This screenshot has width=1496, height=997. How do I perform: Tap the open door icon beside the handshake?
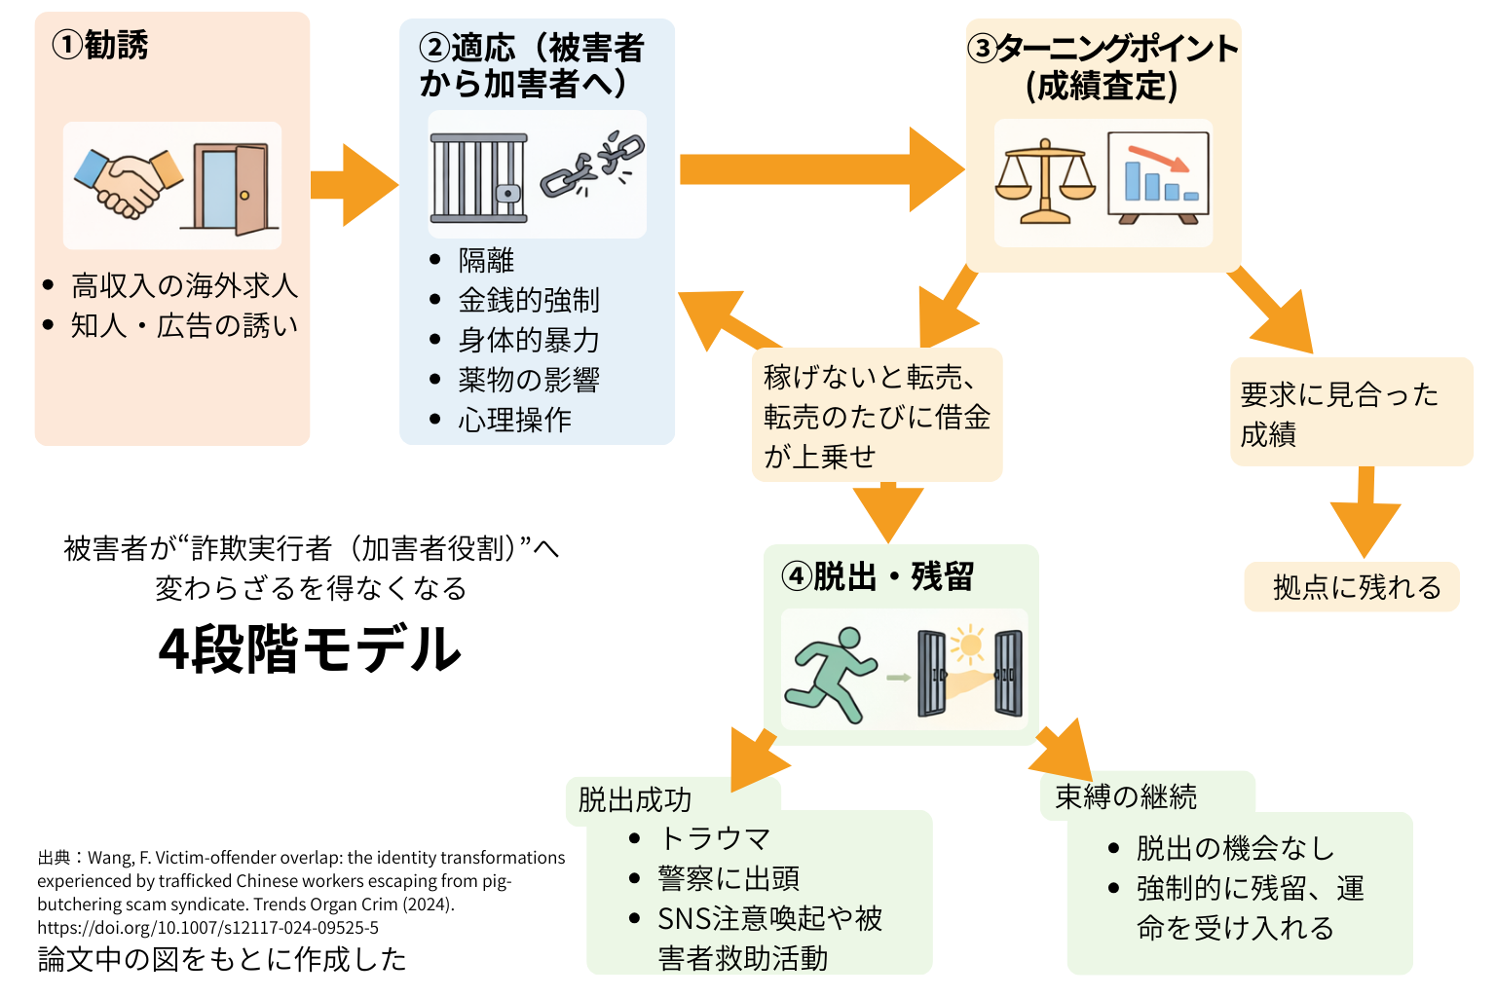pos(231,188)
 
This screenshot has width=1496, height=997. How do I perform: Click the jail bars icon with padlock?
pos(479,178)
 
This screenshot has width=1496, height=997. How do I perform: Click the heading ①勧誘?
pos(100,45)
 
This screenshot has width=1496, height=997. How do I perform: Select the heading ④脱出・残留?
pos(878,576)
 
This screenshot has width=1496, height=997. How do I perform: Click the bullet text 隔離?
pos(486,260)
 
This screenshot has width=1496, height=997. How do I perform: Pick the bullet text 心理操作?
pos(514,420)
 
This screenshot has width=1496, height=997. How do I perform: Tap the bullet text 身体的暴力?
pos(528,340)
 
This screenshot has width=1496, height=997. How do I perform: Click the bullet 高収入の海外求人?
pos(184,285)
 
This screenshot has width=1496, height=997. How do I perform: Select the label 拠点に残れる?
pos(1357,587)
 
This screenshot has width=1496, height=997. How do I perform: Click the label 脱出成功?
pos(634,799)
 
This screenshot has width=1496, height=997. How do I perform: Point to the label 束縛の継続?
pos(1126,796)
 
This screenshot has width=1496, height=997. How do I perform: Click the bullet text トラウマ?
pos(715,838)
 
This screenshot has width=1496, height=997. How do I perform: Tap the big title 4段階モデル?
pos(310,649)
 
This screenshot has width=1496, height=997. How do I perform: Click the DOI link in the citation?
pos(207,928)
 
